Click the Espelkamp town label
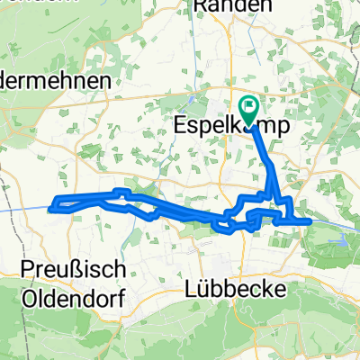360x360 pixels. click(x=230, y=127)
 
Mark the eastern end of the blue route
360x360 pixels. click(x=310, y=220)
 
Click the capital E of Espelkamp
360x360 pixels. click(x=177, y=127)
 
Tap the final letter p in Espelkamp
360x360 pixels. click(x=283, y=129)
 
